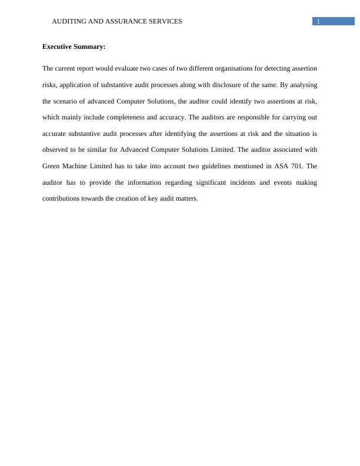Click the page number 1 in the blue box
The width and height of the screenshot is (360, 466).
point(318,22)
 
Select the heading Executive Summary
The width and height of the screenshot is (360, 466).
point(74,46)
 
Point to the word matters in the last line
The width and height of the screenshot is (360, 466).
point(187,199)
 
